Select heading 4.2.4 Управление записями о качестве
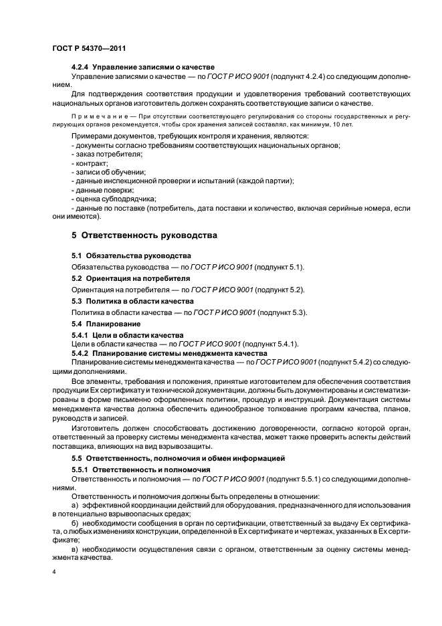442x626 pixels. (x=142, y=68)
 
